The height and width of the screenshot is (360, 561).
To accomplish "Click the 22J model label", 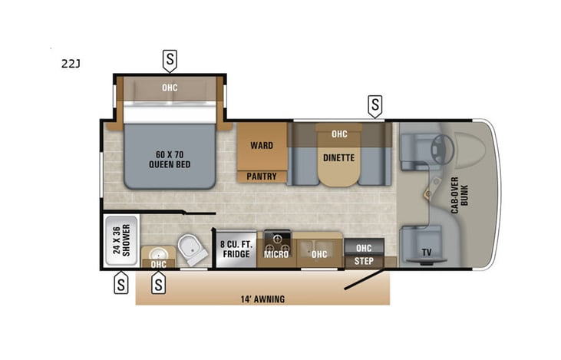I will click(x=71, y=64).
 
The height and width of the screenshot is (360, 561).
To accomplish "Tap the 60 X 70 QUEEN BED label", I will click(x=170, y=159).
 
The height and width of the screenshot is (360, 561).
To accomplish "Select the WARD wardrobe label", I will click(x=262, y=145).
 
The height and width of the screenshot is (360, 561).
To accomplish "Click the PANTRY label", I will click(x=262, y=177).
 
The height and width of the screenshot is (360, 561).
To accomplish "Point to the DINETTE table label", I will click(x=339, y=158).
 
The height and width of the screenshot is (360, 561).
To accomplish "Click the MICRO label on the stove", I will click(x=276, y=254).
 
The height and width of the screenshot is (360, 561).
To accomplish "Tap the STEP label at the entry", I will click(x=363, y=261).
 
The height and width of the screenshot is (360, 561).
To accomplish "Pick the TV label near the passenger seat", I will click(x=427, y=252).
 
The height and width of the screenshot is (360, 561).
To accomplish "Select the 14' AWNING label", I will click(x=261, y=299).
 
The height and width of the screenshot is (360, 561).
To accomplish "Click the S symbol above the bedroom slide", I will click(x=170, y=58).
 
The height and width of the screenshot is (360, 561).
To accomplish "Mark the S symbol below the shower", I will click(x=120, y=284).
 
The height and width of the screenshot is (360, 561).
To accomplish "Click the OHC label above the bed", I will click(x=170, y=88).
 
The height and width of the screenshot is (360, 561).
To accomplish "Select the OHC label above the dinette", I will click(x=339, y=134).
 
